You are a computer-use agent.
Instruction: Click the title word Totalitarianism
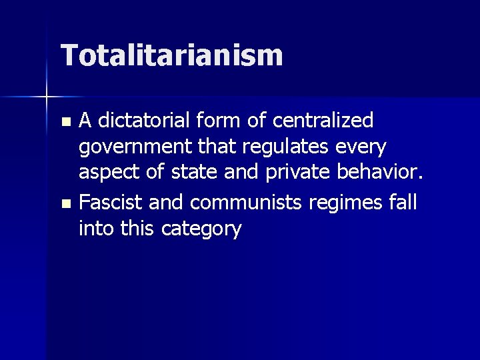(172, 56)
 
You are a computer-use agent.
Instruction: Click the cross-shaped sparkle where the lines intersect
(47, 97)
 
